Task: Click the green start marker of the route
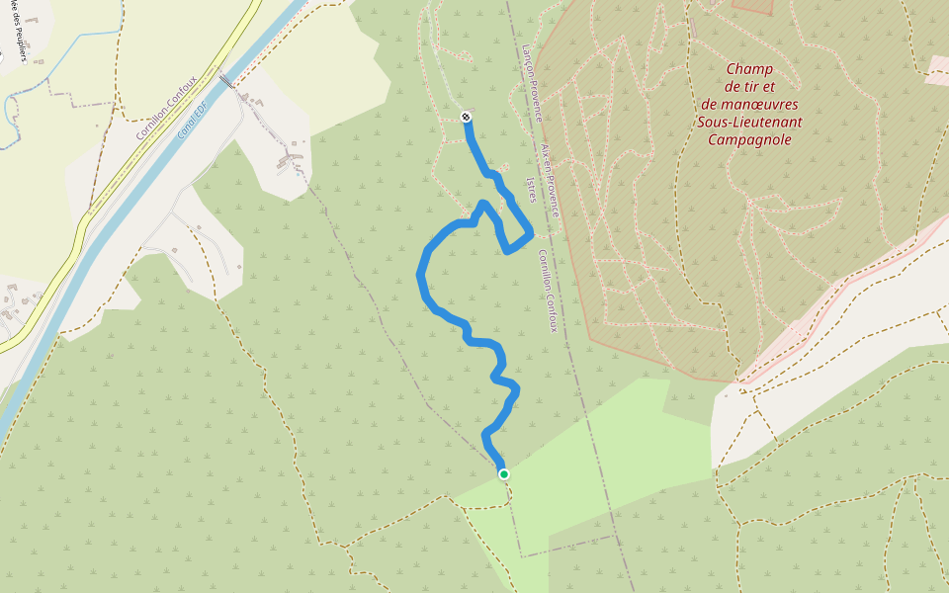(x=504, y=474)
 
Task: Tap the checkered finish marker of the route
(x=466, y=118)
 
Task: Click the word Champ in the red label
(x=749, y=69)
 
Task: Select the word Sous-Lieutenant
(x=749, y=122)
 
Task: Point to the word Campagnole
(x=749, y=139)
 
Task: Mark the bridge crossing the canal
(x=226, y=80)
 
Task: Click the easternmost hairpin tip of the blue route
(x=531, y=233)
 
